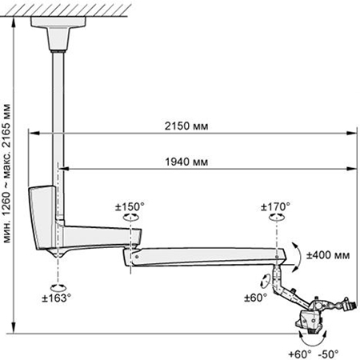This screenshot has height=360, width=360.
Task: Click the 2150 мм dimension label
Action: coord(186,126)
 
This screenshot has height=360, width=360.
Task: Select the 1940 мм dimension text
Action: coord(186,162)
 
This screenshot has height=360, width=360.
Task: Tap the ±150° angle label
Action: coord(130,206)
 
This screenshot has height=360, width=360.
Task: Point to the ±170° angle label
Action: coord(275,206)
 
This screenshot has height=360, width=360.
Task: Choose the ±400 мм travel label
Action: coord(328,255)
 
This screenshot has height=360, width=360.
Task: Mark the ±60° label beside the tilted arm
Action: coord(255,298)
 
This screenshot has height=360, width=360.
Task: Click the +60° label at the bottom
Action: coord(300,354)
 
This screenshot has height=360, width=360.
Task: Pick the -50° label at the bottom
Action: coord(328,354)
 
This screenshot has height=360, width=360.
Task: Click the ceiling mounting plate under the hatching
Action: coord(58,22)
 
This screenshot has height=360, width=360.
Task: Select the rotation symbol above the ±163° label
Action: coord(58,287)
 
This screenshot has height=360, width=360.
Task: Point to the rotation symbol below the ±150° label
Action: coord(131,218)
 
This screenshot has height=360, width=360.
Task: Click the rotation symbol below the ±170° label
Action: coord(277,218)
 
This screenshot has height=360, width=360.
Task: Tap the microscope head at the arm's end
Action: coord(310,321)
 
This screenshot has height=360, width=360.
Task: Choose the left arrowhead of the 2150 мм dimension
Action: coord(34,133)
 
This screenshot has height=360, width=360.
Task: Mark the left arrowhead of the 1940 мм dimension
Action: coord(64,169)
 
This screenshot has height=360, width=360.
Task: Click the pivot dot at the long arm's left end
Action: coord(137,257)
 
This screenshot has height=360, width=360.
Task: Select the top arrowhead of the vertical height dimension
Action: coord(14,22)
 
